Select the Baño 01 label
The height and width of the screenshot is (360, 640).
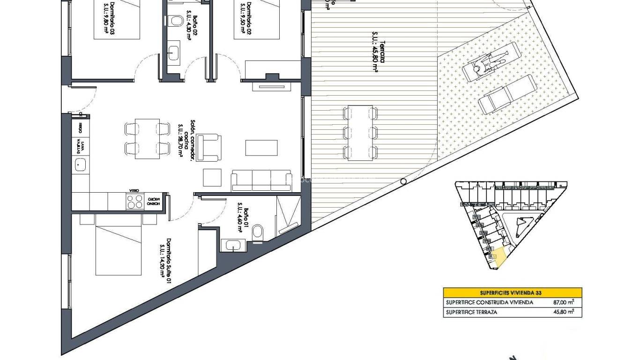(x=243, y=217)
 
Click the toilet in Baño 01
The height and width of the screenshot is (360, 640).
(x=258, y=233)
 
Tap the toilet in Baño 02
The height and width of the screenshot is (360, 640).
(x=176, y=21)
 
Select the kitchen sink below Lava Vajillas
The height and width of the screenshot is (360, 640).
(x=80, y=164)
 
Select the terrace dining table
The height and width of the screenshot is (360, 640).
(x=360, y=133)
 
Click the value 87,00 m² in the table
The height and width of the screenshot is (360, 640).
(x=564, y=302)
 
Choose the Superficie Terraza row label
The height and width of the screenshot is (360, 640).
(x=472, y=312)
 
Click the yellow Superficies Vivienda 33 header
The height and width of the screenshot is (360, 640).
(x=513, y=292)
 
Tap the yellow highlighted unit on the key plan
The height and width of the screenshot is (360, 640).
(x=499, y=257)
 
